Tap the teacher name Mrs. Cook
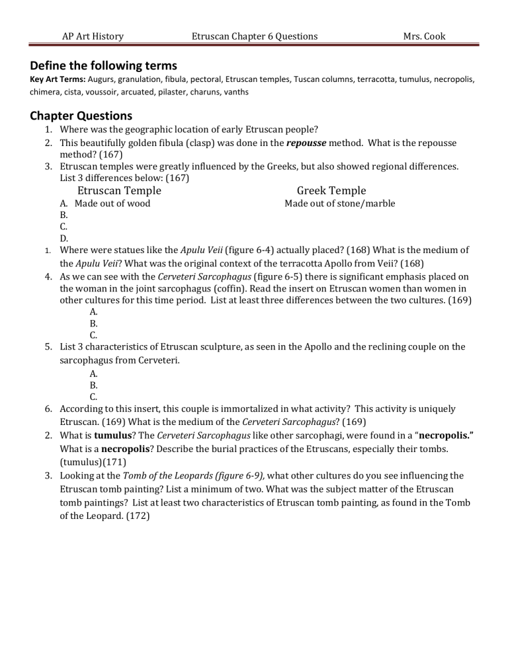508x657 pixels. pos(424,36)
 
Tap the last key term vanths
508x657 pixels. pos(235,92)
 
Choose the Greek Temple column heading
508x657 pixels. pos(331,191)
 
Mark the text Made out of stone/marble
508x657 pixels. pos(340,204)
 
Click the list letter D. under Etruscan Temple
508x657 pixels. pos(64,239)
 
